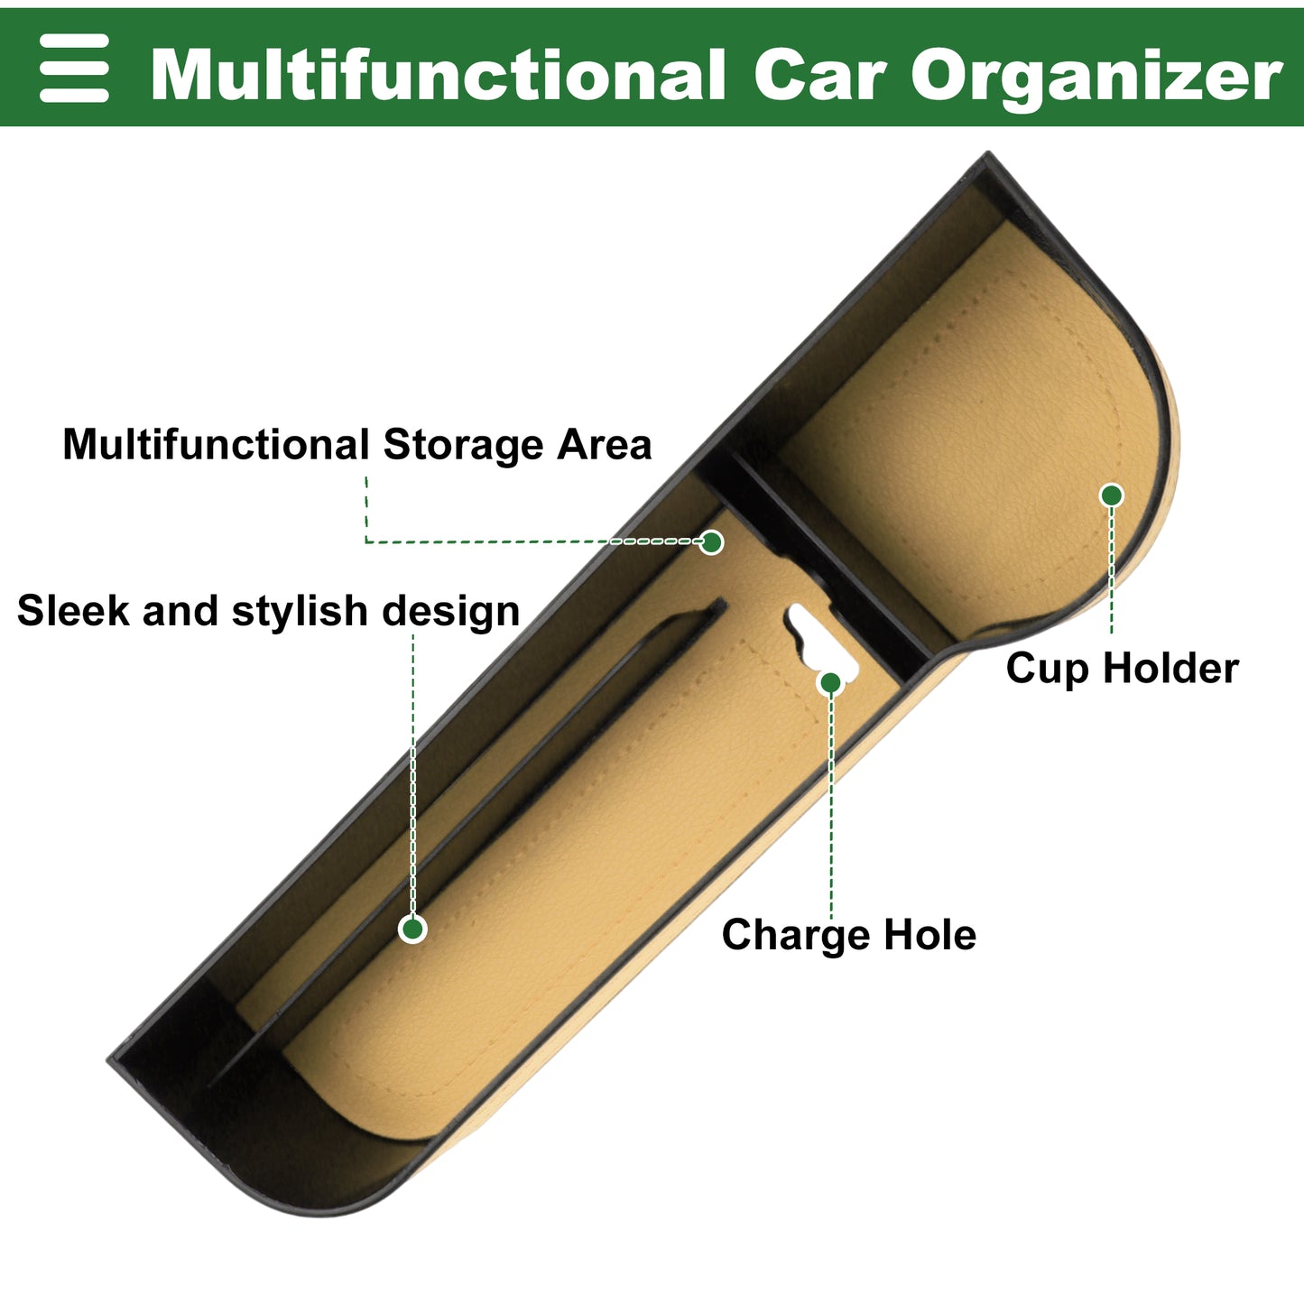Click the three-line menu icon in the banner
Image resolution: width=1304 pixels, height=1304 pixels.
74,68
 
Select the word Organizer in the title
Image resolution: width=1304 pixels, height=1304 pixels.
1096,78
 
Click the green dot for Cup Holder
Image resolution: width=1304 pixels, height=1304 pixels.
1112,495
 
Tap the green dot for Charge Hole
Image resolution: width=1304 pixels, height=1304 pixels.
831,683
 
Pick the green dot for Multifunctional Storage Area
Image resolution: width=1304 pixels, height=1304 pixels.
711,542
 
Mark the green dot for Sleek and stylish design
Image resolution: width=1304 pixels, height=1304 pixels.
412,929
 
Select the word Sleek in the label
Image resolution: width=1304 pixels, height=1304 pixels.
73,610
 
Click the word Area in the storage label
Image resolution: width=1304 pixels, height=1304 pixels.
605,445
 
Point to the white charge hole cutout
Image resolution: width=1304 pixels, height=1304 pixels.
821,637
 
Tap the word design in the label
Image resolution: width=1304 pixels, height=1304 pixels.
450,613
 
